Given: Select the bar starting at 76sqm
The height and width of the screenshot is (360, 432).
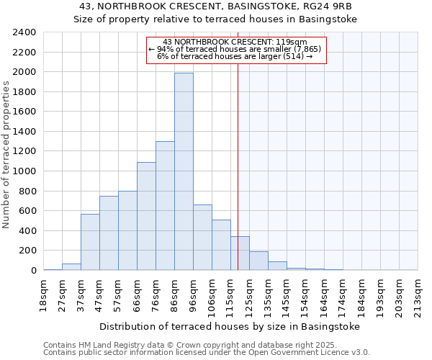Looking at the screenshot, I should pyautogui.click(x=165, y=205).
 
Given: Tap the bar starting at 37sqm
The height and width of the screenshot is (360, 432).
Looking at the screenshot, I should pyautogui.click(x=90, y=242).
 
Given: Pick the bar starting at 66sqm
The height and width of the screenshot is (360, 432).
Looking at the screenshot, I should pyautogui.click(x=146, y=216).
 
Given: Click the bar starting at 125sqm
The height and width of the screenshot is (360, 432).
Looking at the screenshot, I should pyautogui.click(x=258, y=261).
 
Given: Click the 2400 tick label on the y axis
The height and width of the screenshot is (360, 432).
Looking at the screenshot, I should pyautogui.click(x=24, y=32).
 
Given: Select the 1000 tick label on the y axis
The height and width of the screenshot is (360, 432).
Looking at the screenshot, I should pyautogui.click(x=24, y=171).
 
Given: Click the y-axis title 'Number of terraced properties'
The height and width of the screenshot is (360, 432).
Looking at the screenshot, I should pyautogui.click(x=7, y=155).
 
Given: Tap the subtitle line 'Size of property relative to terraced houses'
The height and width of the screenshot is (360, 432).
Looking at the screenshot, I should pyautogui.click(x=216, y=19).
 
